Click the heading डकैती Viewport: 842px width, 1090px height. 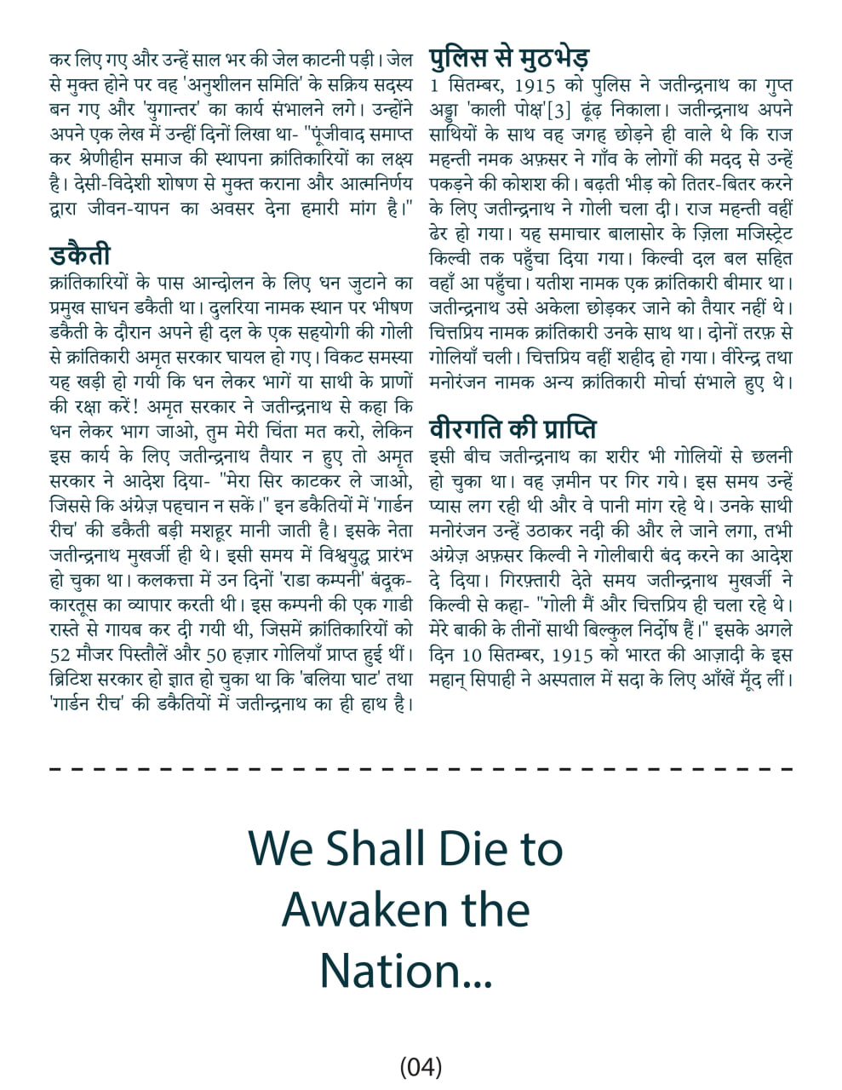pyautogui.click(x=80, y=255)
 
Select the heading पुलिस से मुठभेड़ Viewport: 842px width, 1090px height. pyautogui.click(x=509, y=57)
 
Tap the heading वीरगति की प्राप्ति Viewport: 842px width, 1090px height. pyautogui.click(x=513, y=427)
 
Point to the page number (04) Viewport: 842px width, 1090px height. pyautogui.click(x=421, y=1065)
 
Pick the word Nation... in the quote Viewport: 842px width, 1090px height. pyautogui.click(x=406, y=970)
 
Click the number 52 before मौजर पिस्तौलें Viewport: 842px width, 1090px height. pyautogui.click(x=60, y=657)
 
